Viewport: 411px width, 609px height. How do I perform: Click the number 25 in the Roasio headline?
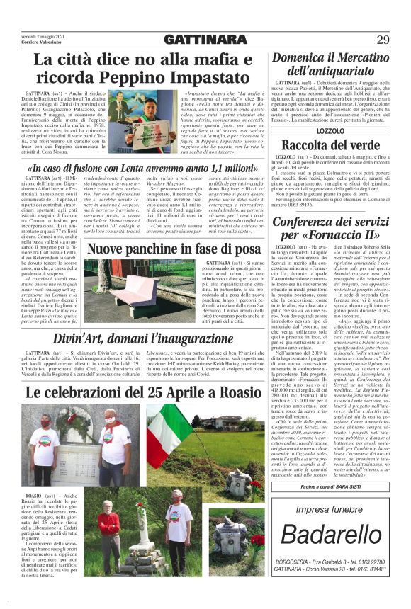[x=153, y=392]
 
